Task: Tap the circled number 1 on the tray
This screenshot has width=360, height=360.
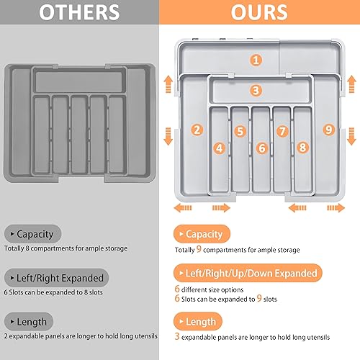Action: coord(256,60)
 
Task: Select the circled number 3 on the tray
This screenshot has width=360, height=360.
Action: coord(256,91)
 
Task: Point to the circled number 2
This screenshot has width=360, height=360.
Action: coord(197,130)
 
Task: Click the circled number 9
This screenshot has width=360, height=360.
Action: coord(329,130)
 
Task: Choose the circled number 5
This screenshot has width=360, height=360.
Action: coord(240,132)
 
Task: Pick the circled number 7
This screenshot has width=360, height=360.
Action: coord(282,132)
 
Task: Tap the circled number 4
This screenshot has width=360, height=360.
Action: coord(220,148)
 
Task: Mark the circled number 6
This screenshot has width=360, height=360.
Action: coord(261,148)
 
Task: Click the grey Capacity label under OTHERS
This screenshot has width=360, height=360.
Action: coord(35,233)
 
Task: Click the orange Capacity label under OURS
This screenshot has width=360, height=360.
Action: coord(203,234)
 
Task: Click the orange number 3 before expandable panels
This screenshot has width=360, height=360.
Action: coord(177,336)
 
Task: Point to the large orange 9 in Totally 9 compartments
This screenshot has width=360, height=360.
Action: coord(199,249)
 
